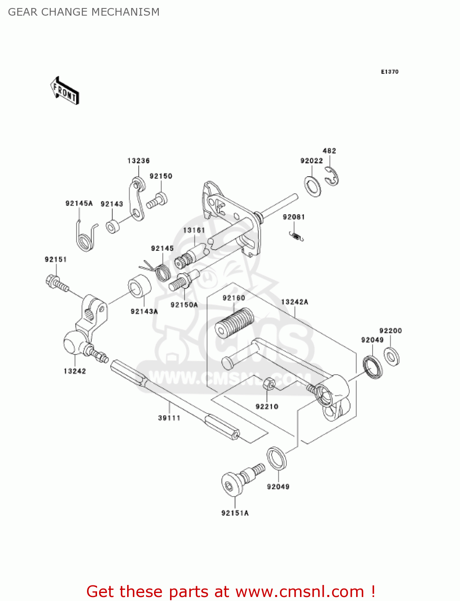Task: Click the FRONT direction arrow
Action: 65,91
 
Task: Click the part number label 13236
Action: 138,161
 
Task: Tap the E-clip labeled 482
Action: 332,176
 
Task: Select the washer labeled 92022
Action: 312,186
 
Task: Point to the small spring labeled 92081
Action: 296,236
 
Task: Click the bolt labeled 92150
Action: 157,200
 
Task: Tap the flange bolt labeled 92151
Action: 57,283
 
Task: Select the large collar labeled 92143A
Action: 139,286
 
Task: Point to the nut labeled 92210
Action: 269,384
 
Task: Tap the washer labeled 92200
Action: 391,356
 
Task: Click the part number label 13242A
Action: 294,302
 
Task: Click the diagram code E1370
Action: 389,72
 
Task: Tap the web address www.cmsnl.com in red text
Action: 299,591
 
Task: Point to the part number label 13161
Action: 194,230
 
